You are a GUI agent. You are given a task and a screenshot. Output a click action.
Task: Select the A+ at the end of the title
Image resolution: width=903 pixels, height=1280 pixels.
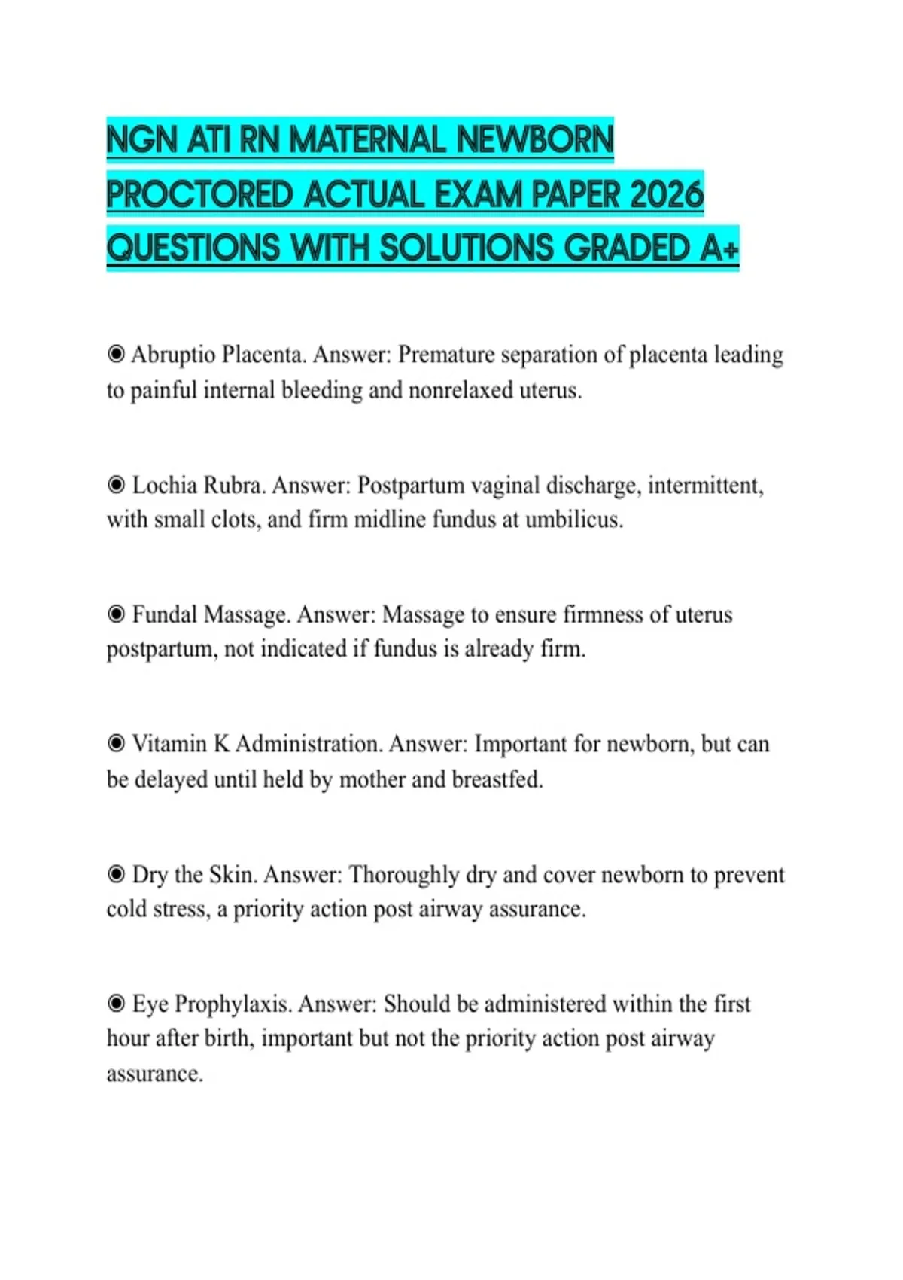[719, 248]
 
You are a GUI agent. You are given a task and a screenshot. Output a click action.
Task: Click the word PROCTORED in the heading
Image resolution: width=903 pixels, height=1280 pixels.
[199, 195]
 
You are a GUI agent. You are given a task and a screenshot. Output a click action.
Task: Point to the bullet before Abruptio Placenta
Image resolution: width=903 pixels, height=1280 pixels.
[116, 354]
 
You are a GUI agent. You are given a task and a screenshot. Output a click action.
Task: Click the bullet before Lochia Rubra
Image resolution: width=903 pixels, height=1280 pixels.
[116, 485]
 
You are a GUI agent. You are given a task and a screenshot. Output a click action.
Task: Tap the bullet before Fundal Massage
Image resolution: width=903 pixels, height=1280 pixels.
[116, 614]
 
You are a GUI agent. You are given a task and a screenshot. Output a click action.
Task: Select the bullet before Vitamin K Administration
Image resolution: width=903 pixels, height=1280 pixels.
[116, 744]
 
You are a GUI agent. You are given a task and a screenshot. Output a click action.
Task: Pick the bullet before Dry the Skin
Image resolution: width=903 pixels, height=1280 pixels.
[116, 874]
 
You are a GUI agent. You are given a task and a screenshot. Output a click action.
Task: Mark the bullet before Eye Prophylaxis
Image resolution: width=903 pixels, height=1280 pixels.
[116, 1004]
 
